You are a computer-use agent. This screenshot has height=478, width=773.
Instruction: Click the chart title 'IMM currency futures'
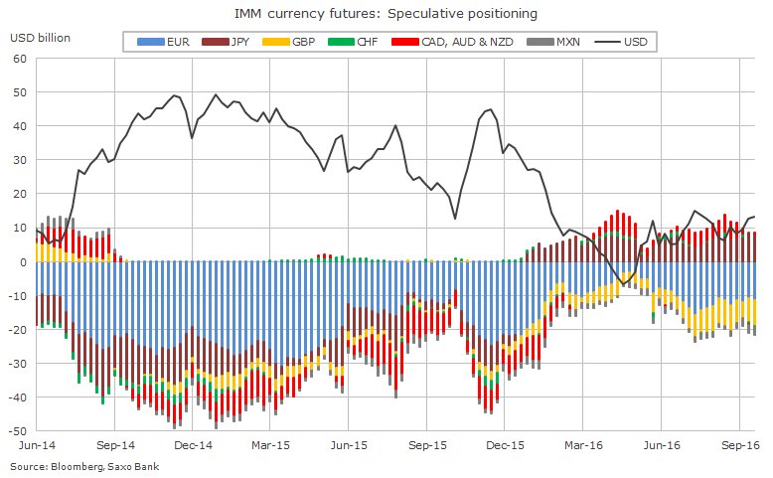pos(305,14)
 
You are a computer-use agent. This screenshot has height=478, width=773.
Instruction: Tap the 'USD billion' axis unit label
pos(40,38)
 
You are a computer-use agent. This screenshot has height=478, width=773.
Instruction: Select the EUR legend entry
pos(163,42)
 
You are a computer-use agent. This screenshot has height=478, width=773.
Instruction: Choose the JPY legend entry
pos(226,42)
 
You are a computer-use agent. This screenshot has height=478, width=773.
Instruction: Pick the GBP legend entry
pos(289,42)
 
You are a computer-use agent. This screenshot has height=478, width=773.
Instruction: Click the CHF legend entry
pos(353,42)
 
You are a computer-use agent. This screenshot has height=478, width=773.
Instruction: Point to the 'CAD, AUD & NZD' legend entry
pos(452,42)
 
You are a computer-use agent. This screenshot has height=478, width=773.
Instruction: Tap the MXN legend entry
pos(553,42)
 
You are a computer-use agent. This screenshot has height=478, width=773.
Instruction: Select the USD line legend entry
pos(621,42)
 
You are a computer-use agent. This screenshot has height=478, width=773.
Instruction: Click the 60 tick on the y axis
pos(20,59)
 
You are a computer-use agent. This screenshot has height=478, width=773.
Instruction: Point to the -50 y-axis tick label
pos(18,431)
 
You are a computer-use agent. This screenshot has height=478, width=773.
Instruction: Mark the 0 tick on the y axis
pos(24,262)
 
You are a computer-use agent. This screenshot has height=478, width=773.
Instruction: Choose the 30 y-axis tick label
pos(20,160)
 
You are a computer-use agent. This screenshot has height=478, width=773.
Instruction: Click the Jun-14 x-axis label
pos(37,445)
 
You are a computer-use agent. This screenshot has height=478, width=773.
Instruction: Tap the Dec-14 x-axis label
pos(193,445)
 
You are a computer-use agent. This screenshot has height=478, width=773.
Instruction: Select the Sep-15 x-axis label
pos(427,445)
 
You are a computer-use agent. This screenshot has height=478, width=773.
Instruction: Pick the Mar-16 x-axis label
pos(583,445)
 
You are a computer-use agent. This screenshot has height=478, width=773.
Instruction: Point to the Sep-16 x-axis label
pos(740,445)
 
